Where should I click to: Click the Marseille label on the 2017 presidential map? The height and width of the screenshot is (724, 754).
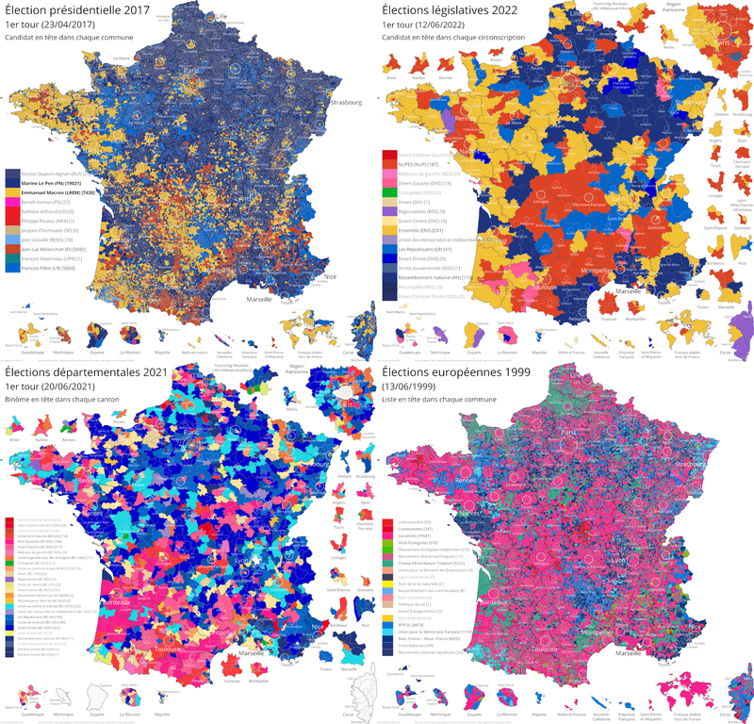[x=255, y=298]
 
